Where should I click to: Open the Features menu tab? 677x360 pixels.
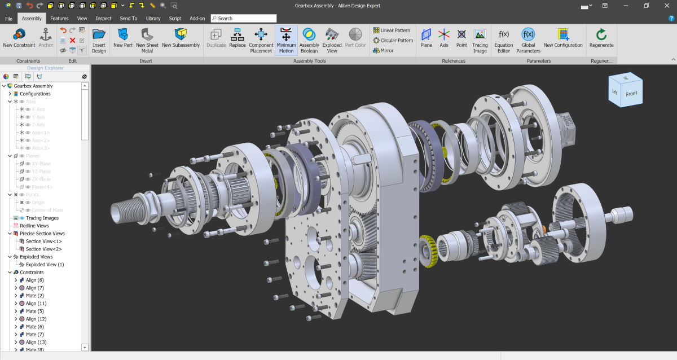[x=59, y=18]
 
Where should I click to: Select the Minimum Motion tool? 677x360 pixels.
[x=286, y=39]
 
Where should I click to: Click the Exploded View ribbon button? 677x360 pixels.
[x=332, y=39]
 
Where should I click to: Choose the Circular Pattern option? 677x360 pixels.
[x=393, y=41]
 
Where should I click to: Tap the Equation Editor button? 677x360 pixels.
[x=504, y=39]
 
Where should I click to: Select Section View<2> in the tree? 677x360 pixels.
[x=43, y=249]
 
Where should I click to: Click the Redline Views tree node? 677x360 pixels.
[x=34, y=226]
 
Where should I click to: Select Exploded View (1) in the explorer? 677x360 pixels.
[x=45, y=264]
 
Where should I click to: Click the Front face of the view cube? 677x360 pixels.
[x=631, y=94]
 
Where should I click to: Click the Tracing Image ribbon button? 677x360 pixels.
[x=480, y=39]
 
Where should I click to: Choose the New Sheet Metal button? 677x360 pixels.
[x=147, y=39]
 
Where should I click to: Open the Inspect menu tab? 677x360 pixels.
[x=103, y=18]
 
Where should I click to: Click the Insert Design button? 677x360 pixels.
[x=99, y=39]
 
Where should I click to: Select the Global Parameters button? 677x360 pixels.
[x=528, y=39]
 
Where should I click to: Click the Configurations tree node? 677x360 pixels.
[x=35, y=94]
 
